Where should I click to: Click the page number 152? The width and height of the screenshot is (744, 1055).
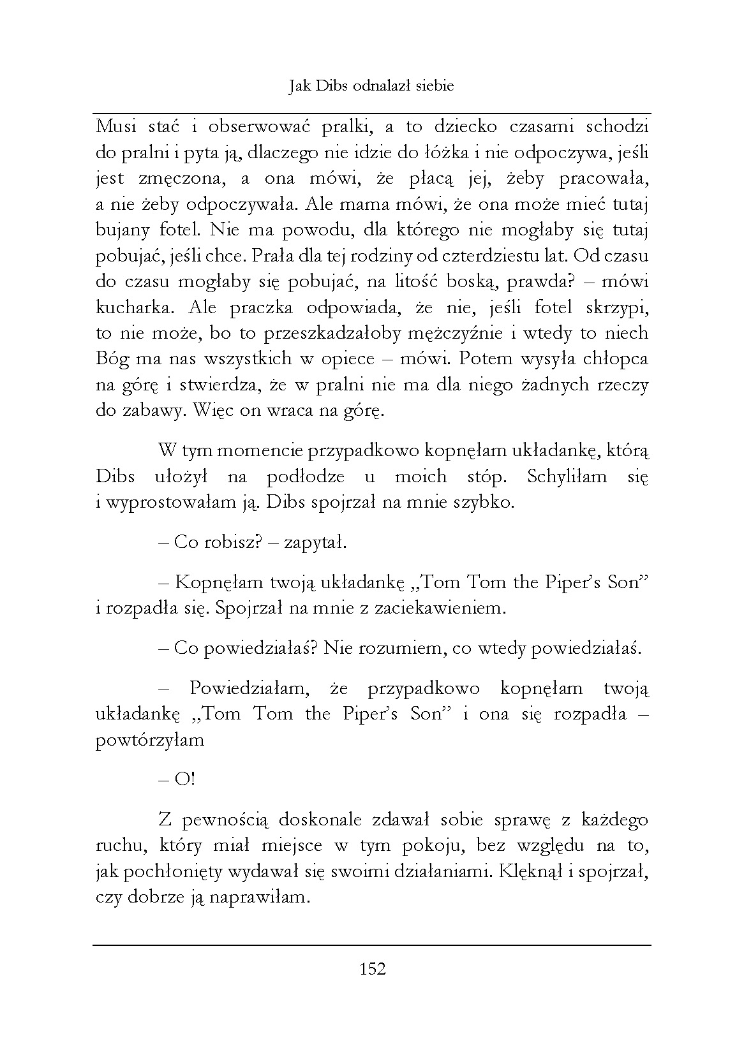point(373,969)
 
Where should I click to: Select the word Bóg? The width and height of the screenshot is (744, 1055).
point(112,358)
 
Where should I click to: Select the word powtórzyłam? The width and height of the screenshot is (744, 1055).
point(150,741)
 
